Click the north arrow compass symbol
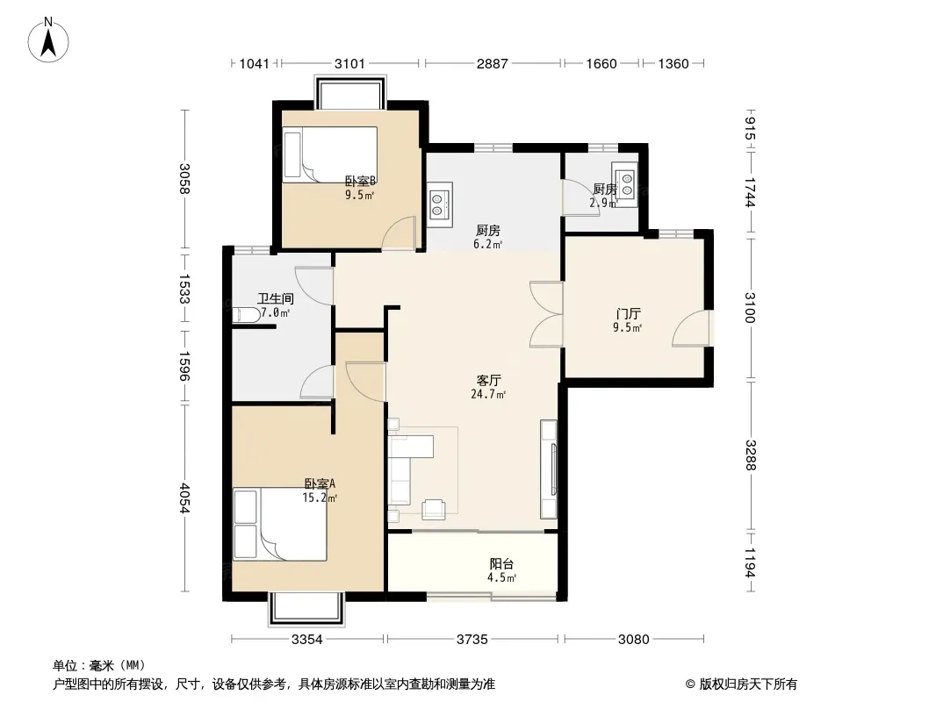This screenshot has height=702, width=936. coord(48,39)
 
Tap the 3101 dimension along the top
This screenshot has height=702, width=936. coord(349,63)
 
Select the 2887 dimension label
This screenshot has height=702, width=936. coord(492,63)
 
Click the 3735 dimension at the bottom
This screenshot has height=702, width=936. coord(472,640)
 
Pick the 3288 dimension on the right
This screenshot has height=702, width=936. coord(751,455)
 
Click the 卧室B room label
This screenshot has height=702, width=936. coord(361,181)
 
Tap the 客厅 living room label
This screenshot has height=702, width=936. coord(489,381)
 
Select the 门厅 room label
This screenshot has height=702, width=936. coord(628,314)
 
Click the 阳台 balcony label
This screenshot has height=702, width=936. coord(501,563)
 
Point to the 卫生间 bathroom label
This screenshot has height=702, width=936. coord(275,298)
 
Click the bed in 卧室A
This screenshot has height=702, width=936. coord(279,524)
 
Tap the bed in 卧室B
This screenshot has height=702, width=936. coord(330,154)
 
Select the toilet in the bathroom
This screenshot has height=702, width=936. coord(245,315)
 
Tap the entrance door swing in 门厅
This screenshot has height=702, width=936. coord(691,328)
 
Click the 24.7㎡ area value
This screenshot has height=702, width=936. coord(488,394)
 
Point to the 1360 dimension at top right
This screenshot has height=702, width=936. coord(673,63)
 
